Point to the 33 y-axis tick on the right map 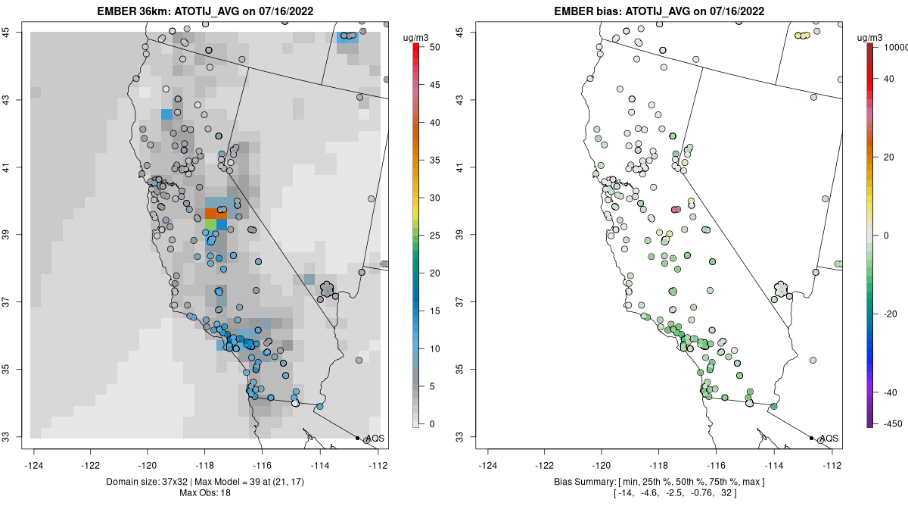point(468,437)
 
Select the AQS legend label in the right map point(829,439)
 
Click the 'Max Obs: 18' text point(206,493)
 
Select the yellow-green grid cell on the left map point(210,225)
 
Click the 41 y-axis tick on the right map point(468,167)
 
